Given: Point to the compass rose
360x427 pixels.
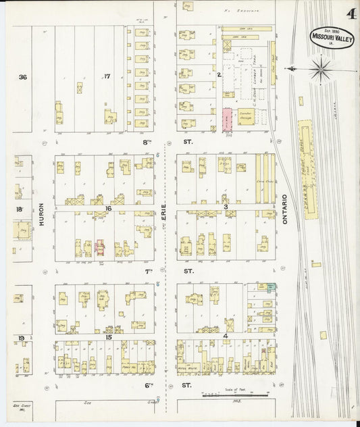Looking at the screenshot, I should point(320,68).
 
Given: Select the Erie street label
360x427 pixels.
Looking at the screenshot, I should point(163,218).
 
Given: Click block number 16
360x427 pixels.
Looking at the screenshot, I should point(108,209).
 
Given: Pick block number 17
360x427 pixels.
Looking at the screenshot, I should point(106,76).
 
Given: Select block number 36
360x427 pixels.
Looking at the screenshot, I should point(22,77).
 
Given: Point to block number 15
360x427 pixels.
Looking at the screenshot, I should point(108,336).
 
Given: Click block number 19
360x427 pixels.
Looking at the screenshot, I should point(22,337).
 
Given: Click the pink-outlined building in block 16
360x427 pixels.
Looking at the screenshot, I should point(100,247).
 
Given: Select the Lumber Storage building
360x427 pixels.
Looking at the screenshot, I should point(245,118).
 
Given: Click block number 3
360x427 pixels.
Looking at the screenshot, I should point(226,207).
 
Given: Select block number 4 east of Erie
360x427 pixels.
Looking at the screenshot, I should point(226,336).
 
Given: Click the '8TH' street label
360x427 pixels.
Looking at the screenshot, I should point(149,143).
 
